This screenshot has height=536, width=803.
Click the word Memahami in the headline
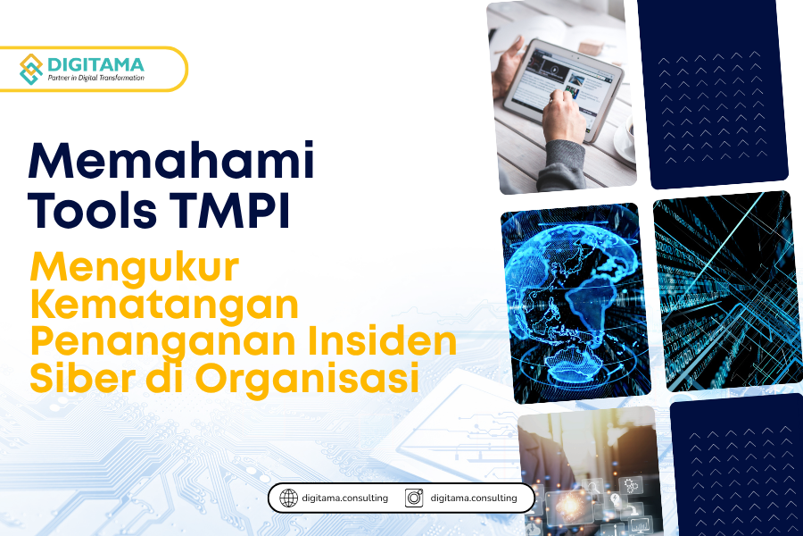click(171, 160)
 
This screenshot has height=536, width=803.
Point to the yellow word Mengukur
click(135, 269)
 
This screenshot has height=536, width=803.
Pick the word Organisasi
click(307, 378)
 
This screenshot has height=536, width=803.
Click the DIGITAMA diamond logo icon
click(31, 69)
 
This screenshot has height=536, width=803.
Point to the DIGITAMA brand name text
click(95, 64)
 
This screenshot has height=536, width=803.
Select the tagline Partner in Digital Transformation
click(95, 78)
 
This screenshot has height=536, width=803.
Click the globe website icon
click(289, 498)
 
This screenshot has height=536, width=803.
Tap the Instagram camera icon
click(414, 498)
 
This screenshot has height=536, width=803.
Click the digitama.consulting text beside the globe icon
click(344, 498)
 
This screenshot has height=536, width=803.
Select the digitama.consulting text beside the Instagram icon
click(474, 498)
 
